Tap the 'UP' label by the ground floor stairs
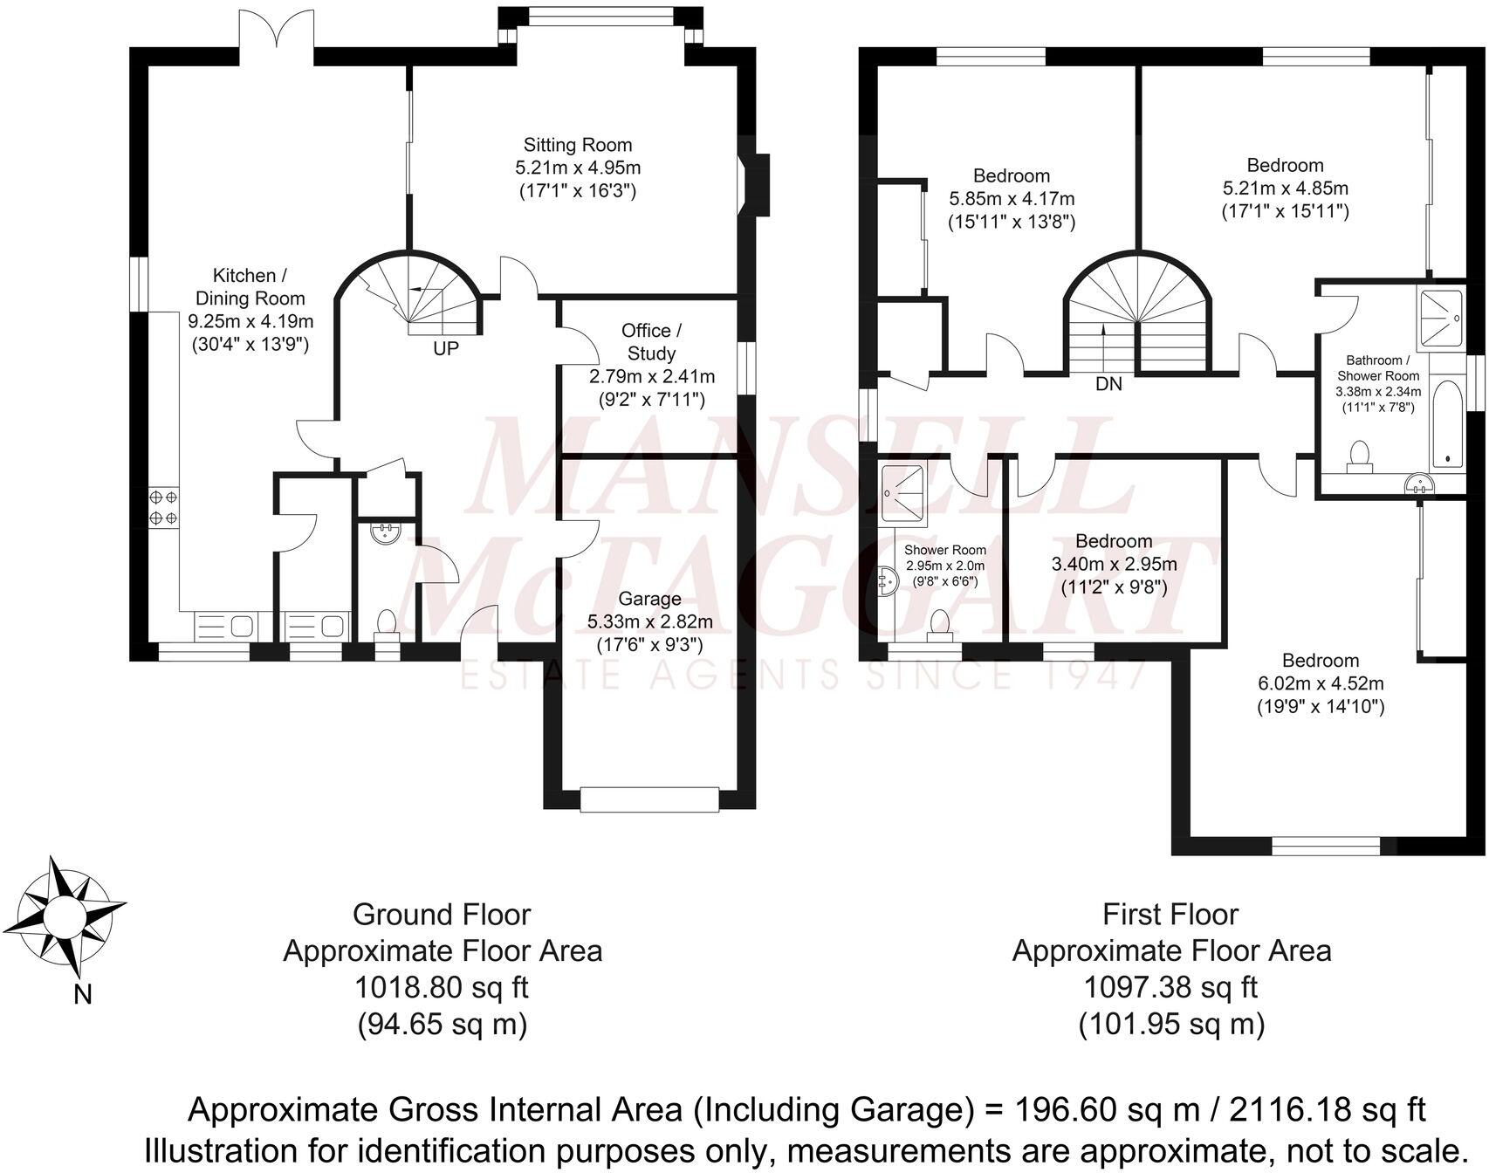coord(445,348)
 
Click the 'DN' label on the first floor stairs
coord(1108,384)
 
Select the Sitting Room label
coord(577,145)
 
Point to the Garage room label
coord(649,599)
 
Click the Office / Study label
coord(651,341)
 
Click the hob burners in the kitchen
coord(163,507)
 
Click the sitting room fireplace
coord(751,184)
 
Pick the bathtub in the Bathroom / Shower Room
coord(1447,422)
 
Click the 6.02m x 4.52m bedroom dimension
coord(1320,683)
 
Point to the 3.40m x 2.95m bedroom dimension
coord(1114,564)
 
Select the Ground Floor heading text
coord(442,914)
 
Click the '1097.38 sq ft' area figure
coord(1170,987)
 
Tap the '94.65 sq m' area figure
coord(442,1024)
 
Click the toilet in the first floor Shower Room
coord(939,626)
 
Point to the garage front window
coord(650,799)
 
